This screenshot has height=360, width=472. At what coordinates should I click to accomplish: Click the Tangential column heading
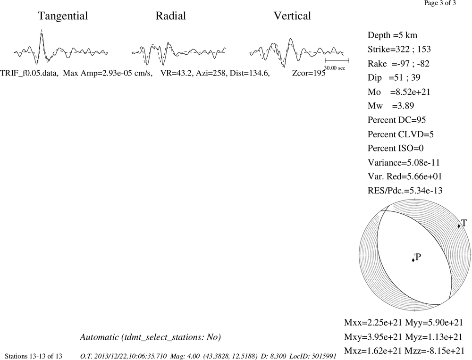click(63, 16)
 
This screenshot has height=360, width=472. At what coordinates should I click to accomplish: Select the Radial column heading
click(171, 16)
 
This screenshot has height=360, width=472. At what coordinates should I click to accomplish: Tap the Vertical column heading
click(292, 16)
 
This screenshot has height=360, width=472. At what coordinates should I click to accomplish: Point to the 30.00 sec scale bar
click(337, 60)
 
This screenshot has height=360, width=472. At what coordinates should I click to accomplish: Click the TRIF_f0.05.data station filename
click(29, 73)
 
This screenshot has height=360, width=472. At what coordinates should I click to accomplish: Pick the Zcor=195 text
click(309, 73)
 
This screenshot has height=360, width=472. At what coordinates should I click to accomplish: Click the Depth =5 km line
click(393, 35)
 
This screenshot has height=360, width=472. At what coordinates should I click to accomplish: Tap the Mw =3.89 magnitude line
click(391, 106)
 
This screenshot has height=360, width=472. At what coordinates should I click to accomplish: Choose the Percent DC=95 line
click(397, 120)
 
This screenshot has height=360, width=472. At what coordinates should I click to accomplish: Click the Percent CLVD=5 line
click(401, 134)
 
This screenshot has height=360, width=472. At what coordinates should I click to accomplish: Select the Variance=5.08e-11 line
click(404, 162)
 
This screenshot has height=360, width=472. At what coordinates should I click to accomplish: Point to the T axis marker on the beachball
click(459, 226)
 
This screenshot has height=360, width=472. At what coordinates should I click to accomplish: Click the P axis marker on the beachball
click(413, 260)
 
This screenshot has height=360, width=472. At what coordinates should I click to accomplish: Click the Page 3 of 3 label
click(440, 3)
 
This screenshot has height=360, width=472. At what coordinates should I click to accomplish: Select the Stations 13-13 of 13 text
click(34, 356)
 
